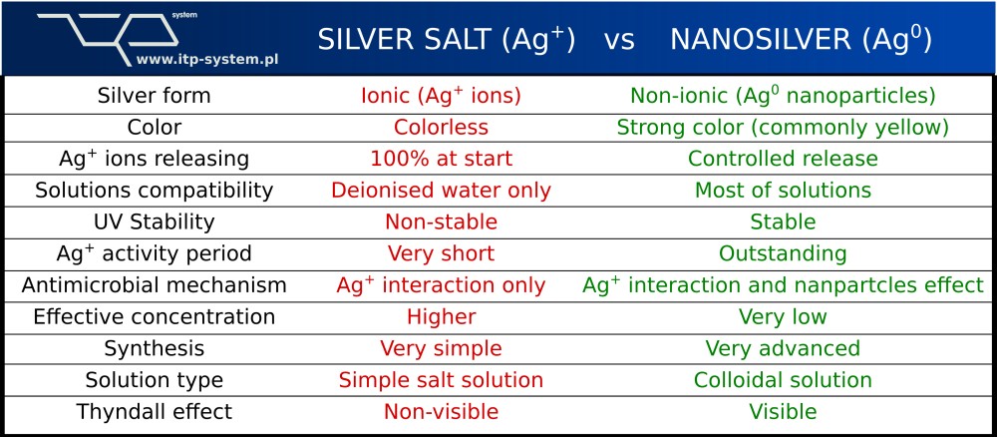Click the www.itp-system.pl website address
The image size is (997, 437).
[208, 60]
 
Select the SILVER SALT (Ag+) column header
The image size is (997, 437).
[447, 40]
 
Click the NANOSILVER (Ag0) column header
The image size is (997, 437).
[802, 40]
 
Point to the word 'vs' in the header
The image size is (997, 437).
[619, 41]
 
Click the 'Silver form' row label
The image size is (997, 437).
[154, 96]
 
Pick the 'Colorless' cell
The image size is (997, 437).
[441, 128]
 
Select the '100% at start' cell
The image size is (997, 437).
[442, 159]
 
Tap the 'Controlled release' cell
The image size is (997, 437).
[783, 159]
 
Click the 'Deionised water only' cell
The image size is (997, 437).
[441, 191]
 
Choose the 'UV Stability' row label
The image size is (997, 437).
[154, 222]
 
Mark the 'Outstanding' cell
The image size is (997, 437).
[783, 253]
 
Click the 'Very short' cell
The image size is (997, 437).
[442, 253]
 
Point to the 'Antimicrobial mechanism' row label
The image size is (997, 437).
[154, 285]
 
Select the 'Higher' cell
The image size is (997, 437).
[442, 317]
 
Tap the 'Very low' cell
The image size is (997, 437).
[783, 317]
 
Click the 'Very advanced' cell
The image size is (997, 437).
[783, 348]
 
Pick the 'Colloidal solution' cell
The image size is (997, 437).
[783, 380]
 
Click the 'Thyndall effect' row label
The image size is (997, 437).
[154, 411]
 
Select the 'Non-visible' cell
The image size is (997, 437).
[442, 411]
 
